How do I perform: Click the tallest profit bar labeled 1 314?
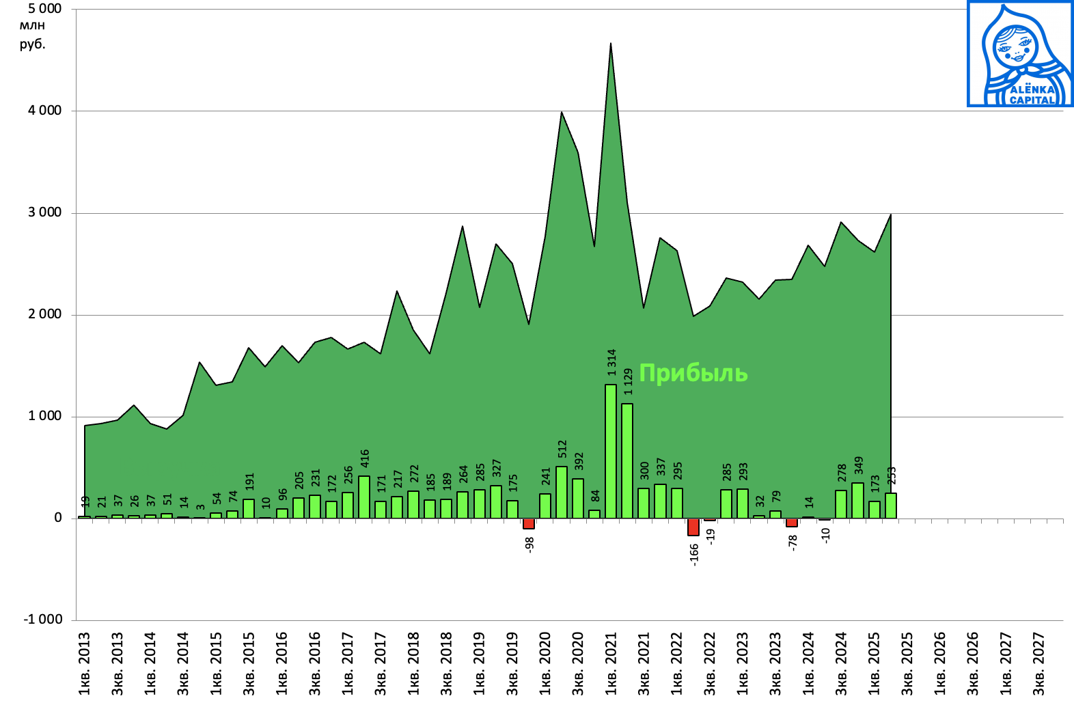pos(611,451)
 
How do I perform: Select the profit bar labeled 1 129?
pos(627,460)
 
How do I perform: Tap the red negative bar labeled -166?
pos(693,527)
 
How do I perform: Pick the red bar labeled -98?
pos(529,523)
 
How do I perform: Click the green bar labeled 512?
pos(562,492)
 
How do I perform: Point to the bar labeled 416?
pos(364,497)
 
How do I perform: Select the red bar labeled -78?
pos(792,522)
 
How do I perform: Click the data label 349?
pos(859,465)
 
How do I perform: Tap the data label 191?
pos(249,482)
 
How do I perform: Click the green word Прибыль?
pos(693,373)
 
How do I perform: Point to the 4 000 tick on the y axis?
pos(44,111)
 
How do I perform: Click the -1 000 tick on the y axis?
pos(42,620)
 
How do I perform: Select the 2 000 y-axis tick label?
pos(44,314)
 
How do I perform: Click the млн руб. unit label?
pos(32,35)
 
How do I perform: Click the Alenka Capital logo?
pos(1020,54)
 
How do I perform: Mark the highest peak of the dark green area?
pos(611,44)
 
